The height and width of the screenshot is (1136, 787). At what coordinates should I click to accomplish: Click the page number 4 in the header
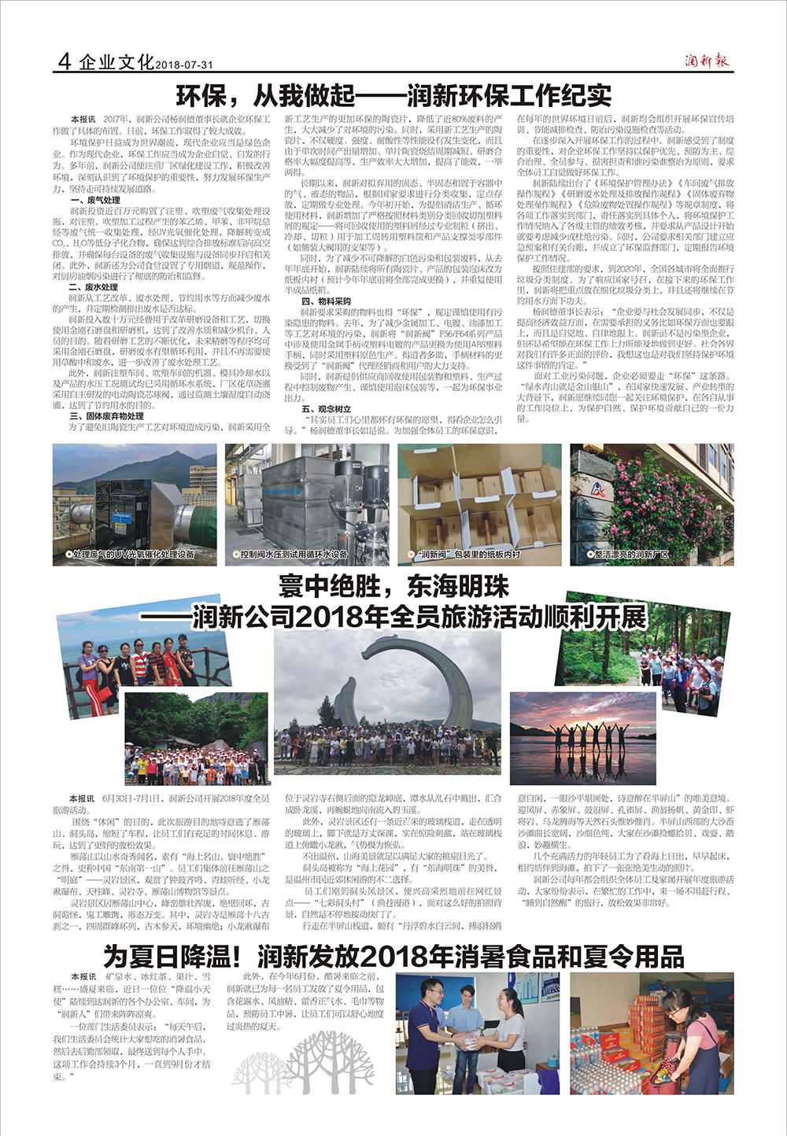[65, 61]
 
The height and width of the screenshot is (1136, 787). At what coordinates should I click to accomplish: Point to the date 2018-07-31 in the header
[184, 65]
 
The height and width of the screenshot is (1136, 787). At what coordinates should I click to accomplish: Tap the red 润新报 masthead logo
[706, 61]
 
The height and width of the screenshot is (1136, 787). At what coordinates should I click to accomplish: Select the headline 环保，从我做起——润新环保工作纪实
[393, 96]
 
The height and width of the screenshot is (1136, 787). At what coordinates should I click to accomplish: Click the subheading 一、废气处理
[94, 201]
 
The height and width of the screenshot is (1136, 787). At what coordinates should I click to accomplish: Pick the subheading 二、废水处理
[94, 287]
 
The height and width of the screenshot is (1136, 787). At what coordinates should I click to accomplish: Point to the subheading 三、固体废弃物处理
[106, 416]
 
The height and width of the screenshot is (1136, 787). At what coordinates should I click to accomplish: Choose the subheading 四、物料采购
[326, 301]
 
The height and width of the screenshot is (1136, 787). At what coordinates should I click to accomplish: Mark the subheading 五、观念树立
[326, 409]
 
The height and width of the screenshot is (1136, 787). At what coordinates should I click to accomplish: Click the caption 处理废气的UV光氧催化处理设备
[134, 555]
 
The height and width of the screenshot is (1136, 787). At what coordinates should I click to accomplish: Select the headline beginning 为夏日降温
[393, 957]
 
